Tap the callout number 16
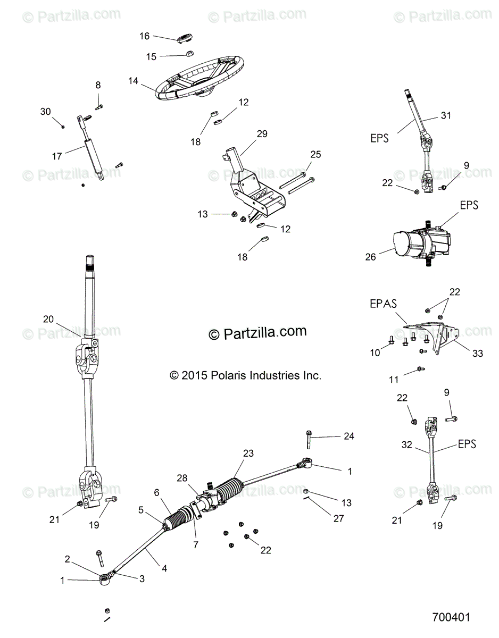tap(145, 36)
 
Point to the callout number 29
tap(262, 134)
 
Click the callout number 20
tap(48, 319)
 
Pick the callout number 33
tap(478, 353)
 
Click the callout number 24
tap(348, 436)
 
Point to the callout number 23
tap(248, 454)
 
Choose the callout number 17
tap(57, 156)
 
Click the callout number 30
tap(46, 111)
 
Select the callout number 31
tap(445, 115)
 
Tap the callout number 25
tap(315, 155)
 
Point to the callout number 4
tap(164, 568)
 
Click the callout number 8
tap(98, 85)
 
